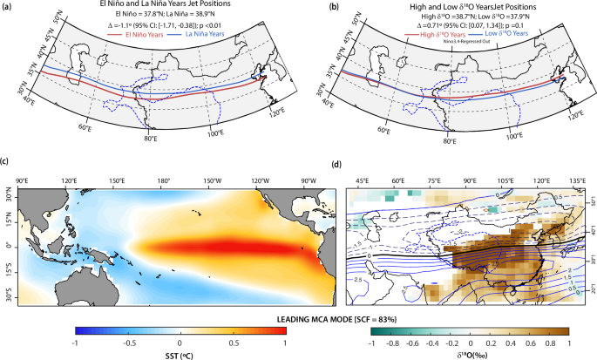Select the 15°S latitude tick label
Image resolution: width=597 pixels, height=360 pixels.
[x=10, y=273]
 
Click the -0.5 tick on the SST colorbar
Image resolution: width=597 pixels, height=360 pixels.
[x=126, y=343]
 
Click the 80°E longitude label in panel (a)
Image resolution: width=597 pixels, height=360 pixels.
[x=150, y=138]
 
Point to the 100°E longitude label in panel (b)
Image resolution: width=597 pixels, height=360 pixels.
[x=515, y=135]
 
